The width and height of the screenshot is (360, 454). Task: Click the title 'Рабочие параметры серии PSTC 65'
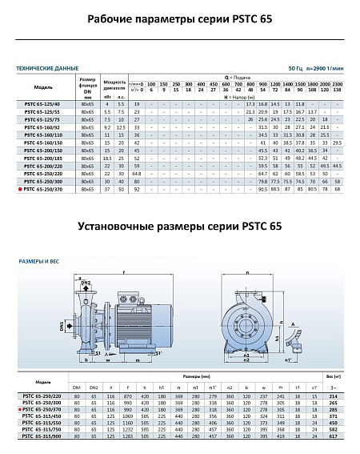[179, 18]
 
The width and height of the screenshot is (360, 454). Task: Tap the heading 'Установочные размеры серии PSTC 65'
[179, 227]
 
